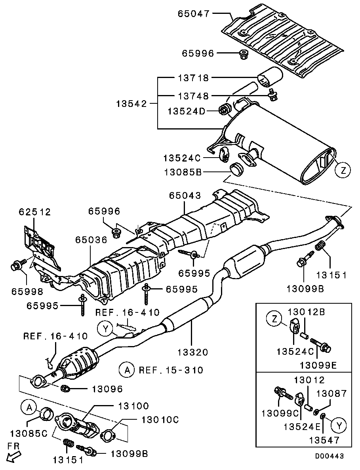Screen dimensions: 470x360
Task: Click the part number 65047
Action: [193, 14]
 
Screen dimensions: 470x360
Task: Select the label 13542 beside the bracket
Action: [131, 104]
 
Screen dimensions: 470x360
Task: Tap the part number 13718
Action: [193, 78]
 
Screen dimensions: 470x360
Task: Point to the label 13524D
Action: [187, 112]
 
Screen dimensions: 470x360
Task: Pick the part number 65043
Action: [185, 196]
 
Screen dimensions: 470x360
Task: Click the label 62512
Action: [35, 212]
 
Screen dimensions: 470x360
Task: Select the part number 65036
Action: [91, 240]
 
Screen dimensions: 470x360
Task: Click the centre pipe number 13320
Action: [192, 352]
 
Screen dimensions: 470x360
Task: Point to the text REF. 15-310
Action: [171, 370]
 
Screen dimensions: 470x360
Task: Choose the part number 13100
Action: [133, 405]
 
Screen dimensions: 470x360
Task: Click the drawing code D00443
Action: [329, 456]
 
